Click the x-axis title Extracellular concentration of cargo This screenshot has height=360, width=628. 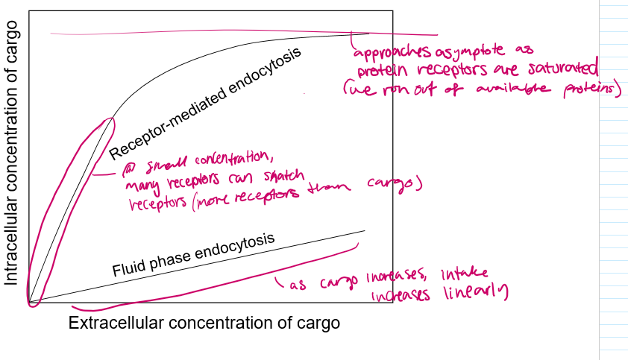click(204, 323)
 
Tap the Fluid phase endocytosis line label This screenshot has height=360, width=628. click(194, 254)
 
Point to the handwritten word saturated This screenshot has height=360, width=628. click(560, 70)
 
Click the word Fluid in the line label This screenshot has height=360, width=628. click(128, 268)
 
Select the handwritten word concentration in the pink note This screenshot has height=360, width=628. click(226, 159)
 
